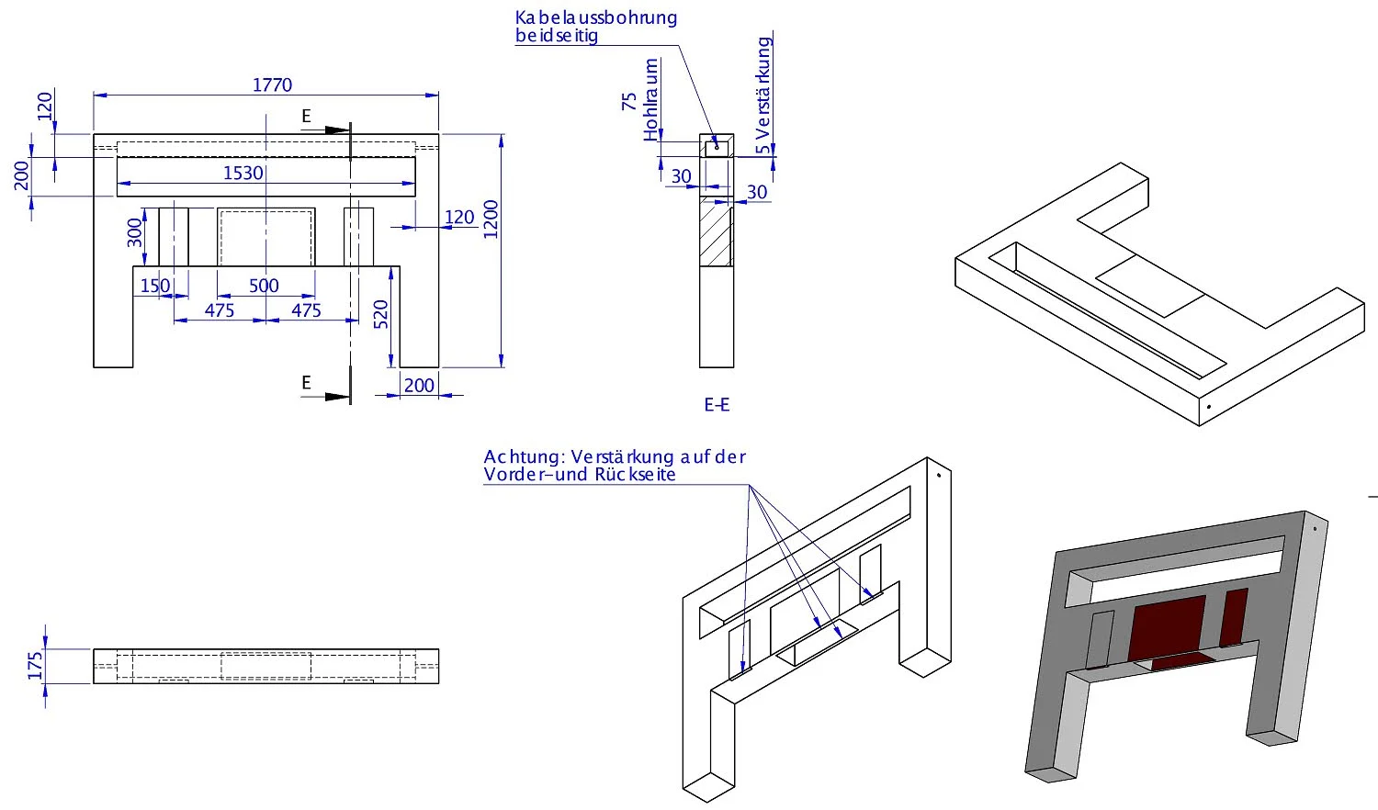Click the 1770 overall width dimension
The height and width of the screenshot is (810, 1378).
pos(272,85)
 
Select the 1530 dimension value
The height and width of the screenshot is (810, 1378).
pos(243,174)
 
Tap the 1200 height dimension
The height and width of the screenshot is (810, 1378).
pos(491,219)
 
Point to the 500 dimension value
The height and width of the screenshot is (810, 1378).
pos(264,286)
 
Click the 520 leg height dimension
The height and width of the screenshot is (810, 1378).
pos(381,314)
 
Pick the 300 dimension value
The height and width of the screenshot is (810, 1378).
pos(136,233)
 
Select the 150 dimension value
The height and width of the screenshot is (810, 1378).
pos(154,286)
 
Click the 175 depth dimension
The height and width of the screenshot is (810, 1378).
pos(36,665)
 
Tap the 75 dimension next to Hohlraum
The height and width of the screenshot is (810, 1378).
pos(629,101)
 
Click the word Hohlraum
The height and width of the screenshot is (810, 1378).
pos(651,100)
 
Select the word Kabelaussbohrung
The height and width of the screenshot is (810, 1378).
pos(595,17)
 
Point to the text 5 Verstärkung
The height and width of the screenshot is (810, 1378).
pos(763,95)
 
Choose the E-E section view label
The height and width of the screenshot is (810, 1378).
pos(717,404)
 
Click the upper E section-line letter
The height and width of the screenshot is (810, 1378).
pos(307,117)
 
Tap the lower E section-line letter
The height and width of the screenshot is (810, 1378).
pos(307,383)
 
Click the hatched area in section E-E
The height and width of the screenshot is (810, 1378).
pos(717,236)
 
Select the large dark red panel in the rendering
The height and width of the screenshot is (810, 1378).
pos(1167,627)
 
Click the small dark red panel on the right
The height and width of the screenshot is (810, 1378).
pos(1234,616)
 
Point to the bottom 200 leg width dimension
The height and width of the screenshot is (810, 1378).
pos(419,386)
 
